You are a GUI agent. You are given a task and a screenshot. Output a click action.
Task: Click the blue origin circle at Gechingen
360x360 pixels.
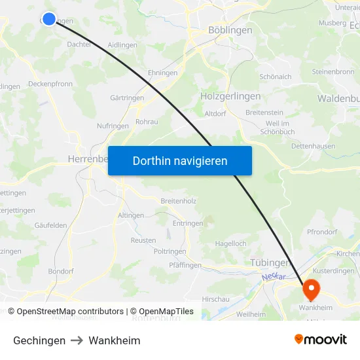tap(49, 19)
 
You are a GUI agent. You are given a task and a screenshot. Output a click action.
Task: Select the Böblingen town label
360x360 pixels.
tap(230, 30)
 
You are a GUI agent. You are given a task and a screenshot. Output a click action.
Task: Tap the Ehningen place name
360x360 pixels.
tap(163, 73)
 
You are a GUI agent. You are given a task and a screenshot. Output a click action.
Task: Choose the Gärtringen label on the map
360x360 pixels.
tap(127, 98)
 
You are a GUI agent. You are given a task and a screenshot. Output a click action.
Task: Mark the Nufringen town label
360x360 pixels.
tap(113, 126)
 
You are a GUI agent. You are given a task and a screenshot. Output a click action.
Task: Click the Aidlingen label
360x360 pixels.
tap(122, 45)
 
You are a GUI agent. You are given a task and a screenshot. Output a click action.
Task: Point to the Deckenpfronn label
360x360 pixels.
tap(51, 84)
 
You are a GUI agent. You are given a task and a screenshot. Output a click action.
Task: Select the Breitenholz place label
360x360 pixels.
tap(178, 201)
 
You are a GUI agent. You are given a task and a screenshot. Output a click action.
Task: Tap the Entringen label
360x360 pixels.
tap(187, 223)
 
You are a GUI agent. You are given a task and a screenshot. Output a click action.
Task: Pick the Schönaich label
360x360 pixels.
tap(275, 77)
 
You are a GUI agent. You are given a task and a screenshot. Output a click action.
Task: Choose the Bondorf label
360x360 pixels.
tap(61, 271)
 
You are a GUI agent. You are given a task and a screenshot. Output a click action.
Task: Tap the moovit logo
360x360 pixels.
tap(321, 339)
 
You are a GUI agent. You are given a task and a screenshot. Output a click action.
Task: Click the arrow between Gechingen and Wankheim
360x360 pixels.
tap(77, 340)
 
